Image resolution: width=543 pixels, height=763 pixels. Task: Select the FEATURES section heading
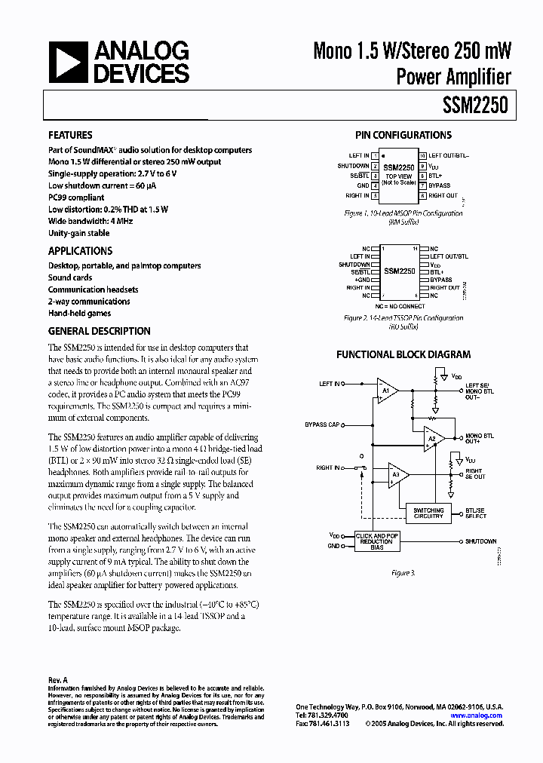point(70,136)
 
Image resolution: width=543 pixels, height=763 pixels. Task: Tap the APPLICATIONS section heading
point(80,251)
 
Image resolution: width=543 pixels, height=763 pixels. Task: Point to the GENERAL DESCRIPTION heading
point(99,331)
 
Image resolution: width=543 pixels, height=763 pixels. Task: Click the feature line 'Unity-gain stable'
point(79,234)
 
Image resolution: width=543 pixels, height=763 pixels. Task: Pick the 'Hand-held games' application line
point(79,313)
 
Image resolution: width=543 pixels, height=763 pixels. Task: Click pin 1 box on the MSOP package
point(375,156)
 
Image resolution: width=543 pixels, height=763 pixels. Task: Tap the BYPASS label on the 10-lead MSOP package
point(439,185)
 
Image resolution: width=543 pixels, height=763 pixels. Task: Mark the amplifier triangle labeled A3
point(397,474)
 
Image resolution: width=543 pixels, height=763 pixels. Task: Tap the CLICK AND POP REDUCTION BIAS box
point(376,541)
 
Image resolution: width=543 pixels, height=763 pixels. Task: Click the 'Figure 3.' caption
point(403,574)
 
